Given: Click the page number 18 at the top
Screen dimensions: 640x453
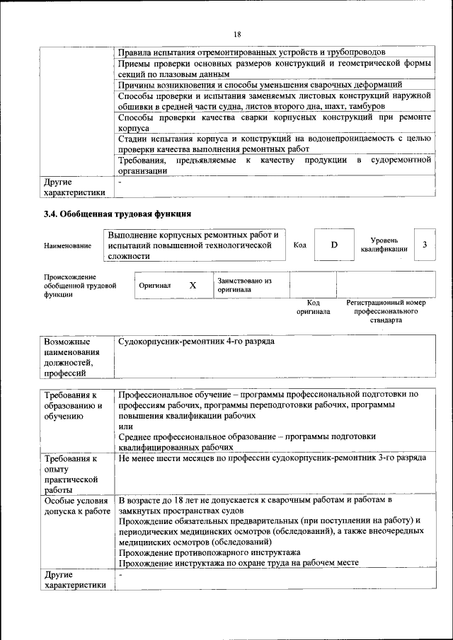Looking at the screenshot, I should (x=237, y=34).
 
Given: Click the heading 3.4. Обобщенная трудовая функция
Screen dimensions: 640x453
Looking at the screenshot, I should (x=117, y=214).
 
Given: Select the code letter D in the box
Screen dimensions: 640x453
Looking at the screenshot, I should (x=334, y=245).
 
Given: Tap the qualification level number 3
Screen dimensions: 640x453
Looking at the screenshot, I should (x=424, y=245).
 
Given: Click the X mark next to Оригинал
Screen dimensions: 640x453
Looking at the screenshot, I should (x=192, y=285).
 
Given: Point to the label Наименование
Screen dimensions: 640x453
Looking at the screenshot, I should (x=67, y=245).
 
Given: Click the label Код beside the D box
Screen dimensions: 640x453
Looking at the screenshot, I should (x=299, y=245).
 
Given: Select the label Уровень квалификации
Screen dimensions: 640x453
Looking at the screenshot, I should (x=383, y=245).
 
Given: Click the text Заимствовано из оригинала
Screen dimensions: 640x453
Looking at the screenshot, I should (x=244, y=285).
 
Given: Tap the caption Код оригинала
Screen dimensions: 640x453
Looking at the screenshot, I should (x=313, y=307).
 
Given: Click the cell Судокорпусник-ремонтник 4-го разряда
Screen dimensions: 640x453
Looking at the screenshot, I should (x=196, y=342).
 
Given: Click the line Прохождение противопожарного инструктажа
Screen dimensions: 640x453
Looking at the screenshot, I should (x=209, y=552).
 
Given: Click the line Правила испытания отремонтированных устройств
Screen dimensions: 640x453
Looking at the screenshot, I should (x=251, y=52).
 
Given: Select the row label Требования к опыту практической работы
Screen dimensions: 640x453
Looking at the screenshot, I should (x=70, y=474).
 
